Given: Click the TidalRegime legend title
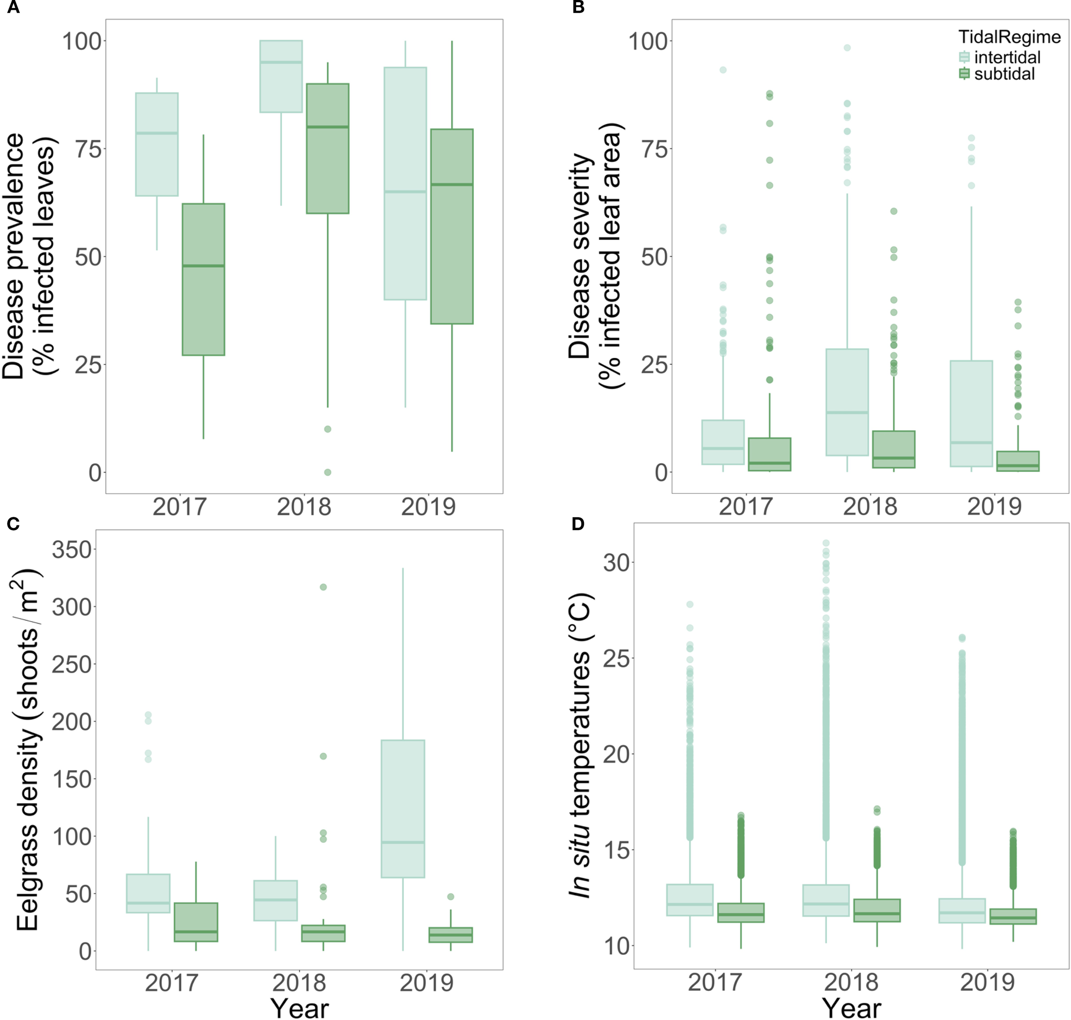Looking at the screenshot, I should click(x=1009, y=36).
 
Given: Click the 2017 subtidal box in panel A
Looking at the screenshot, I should click(x=203, y=279).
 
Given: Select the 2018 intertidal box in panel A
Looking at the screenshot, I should click(x=281, y=77).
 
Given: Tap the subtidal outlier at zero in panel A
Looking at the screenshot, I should click(x=328, y=472).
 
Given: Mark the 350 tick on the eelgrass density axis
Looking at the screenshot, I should click(x=71, y=550).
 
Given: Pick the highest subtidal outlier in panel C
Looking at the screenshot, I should click(x=323, y=587).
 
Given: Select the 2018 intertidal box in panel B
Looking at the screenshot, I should click(x=847, y=402).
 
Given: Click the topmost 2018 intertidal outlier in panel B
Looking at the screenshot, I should click(x=847, y=48).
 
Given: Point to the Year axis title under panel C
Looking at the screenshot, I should click(x=300, y=1008).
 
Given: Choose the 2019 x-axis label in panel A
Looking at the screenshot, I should click(x=428, y=507).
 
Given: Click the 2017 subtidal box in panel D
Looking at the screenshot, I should click(x=741, y=912).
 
